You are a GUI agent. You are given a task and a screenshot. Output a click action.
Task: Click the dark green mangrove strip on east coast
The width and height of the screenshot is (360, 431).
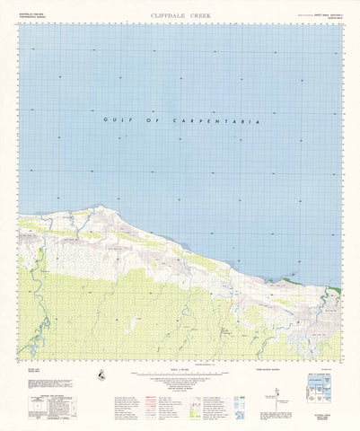(334, 290)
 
